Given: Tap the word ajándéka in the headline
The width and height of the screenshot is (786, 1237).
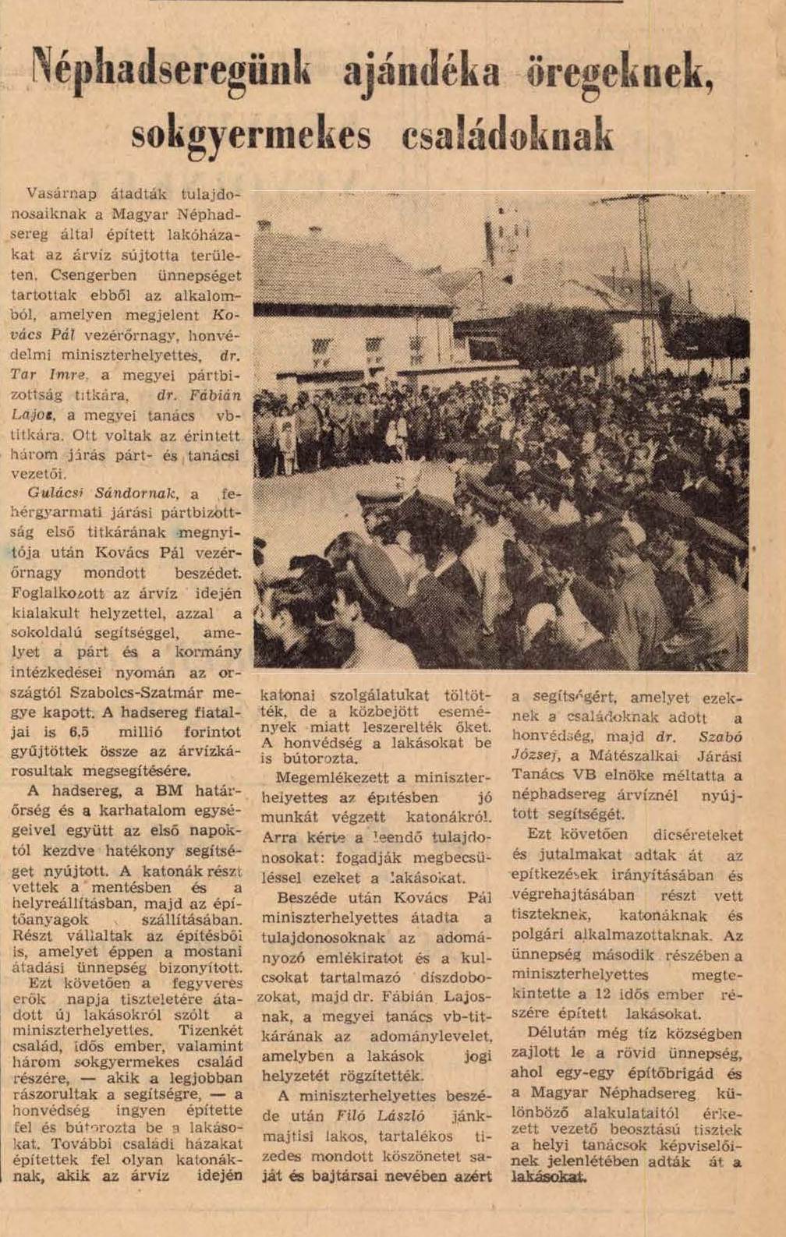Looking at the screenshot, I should tap(421, 72).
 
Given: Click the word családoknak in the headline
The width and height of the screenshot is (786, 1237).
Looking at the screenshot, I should tap(507, 134).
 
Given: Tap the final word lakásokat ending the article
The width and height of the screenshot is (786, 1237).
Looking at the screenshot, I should tap(548, 1178).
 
